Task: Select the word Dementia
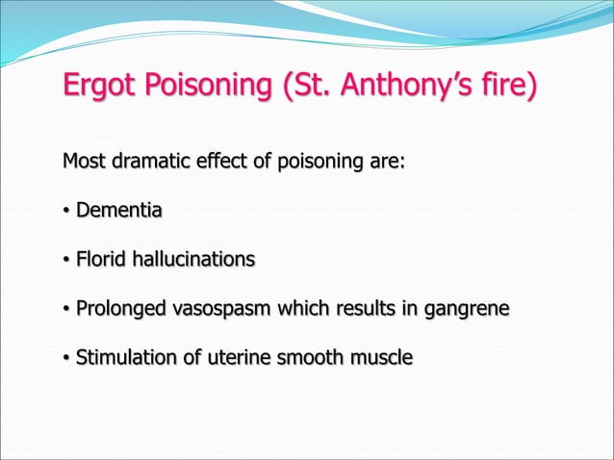[119, 210]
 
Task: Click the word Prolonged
[120, 310]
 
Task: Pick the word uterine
[221, 359]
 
